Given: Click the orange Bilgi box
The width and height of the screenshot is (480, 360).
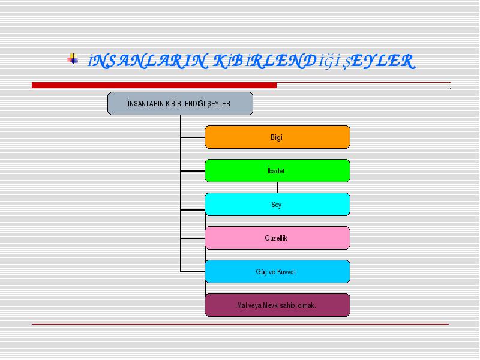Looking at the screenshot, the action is pos(277,137).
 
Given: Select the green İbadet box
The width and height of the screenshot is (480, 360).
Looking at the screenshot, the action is pos(277,171).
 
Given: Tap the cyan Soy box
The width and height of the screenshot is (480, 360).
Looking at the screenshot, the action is pos(277,205).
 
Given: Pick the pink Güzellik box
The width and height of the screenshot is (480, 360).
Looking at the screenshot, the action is pos(277,238).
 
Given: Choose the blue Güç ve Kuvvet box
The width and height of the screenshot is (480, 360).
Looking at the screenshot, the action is pos(277,272).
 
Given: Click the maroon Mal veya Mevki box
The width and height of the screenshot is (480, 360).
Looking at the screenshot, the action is pos(277,305).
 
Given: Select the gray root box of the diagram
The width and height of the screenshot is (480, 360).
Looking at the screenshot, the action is pos(181,104).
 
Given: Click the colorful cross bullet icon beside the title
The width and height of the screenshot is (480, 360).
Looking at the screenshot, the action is pos(73,58).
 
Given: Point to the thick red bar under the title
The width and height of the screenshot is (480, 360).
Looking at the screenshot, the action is pos(154,85).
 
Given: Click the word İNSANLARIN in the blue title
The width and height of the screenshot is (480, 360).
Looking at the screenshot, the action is pos(148,61).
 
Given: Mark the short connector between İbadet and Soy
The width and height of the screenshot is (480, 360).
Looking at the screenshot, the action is pos(278,188).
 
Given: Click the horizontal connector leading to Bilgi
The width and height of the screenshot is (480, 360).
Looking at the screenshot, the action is pos(193,137).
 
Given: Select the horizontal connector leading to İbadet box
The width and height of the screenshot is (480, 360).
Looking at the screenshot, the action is pos(193,171).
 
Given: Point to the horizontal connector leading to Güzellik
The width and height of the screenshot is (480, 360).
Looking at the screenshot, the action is pos(193,238).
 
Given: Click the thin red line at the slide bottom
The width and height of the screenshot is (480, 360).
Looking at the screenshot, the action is pos(241,324).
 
